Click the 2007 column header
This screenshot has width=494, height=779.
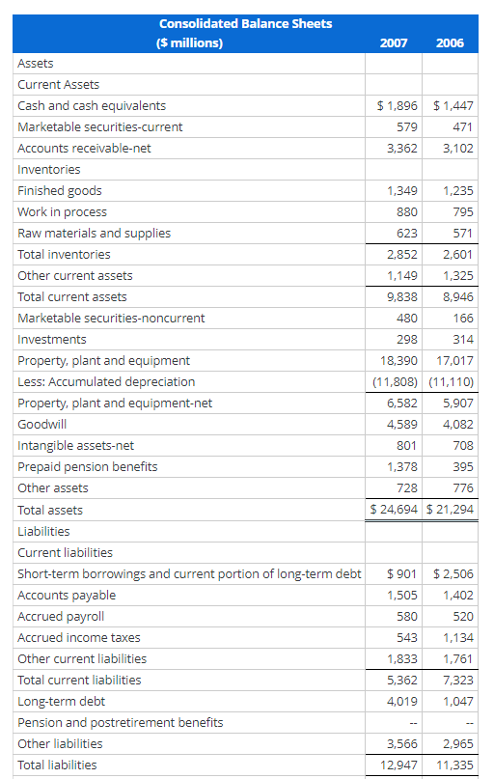click(394, 42)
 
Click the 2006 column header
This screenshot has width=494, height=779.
click(450, 42)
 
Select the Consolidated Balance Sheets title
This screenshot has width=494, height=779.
click(245, 23)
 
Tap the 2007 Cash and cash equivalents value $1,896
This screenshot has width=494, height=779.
click(397, 106)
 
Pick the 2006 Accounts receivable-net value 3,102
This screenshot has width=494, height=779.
click(456, 149)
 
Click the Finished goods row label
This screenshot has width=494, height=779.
click(60, 191)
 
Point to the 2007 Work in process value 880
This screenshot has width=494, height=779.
click(406, 212)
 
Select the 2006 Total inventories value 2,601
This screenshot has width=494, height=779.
click(456, 255)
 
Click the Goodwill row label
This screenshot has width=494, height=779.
click(40, 425)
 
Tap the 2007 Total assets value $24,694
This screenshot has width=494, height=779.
click(396, 510)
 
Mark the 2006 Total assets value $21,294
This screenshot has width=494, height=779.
click(452, 510)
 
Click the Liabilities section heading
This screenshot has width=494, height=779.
click(43, 531)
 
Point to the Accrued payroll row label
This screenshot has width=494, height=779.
click(61, 616)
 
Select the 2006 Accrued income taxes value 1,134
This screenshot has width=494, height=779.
click(457, 637)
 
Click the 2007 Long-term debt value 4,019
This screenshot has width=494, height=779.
click(401, 701)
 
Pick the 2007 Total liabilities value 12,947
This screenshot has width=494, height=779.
click(398, 765)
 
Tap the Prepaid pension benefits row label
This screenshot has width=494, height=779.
click(88, 467)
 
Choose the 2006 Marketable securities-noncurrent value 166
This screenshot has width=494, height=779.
click(462, 319)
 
